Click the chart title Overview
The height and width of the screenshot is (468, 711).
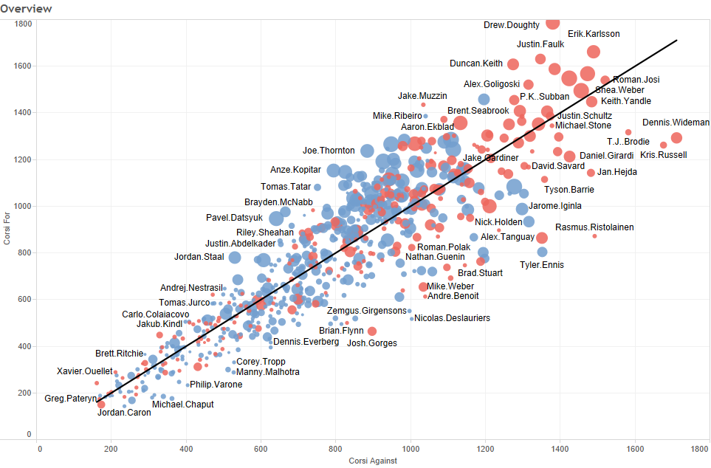pos(27,9)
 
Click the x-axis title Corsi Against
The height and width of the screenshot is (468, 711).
pos(374,461)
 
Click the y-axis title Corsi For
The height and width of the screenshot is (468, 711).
pos(7,230)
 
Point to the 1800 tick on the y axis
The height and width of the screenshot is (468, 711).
pos(22,24)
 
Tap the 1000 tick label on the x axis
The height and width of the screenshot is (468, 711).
pos(411,447)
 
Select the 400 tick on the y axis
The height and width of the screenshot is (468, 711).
pos(24,346)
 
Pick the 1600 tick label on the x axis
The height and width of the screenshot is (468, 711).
pos(633,447)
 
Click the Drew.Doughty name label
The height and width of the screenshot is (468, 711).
pos(512,25)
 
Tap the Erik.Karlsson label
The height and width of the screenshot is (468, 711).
pos(594,34)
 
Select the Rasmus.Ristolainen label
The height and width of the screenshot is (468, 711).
pos(594,227)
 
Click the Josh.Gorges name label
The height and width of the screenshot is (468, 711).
pos(372,343)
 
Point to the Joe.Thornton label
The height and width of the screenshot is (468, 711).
pos(329,151)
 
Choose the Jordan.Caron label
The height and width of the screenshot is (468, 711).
pos(124,413)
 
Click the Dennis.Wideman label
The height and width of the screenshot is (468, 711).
pos(676,123)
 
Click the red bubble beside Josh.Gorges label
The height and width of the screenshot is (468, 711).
pos(372,331)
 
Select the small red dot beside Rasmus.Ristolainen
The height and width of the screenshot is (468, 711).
pos(594,236)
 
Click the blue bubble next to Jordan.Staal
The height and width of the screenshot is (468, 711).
pos(235,258)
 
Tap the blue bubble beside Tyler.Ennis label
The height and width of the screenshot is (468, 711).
pos(542,252)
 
